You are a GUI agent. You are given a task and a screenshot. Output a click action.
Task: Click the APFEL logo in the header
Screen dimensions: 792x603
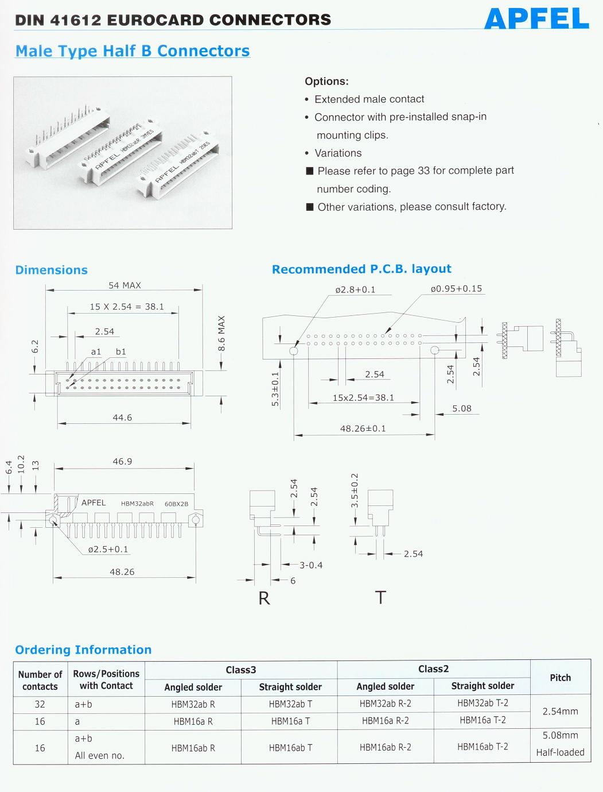point(536,19)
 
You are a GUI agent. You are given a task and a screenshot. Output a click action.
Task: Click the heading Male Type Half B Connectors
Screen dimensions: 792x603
point(133,51)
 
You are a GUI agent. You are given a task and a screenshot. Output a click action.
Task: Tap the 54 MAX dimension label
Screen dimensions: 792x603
point(125,285)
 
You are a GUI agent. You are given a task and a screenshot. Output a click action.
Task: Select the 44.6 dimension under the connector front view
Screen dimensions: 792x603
point(122,418)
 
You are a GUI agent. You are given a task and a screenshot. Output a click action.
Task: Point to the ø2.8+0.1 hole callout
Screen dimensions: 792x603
point(355,289)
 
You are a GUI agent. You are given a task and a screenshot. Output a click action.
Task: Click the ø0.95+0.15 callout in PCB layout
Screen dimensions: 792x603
point(456,289)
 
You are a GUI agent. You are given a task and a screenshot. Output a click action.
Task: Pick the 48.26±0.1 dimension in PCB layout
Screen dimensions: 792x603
point(363,428)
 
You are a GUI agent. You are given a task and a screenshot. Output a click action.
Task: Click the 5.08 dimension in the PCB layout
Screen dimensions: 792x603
point(461,408)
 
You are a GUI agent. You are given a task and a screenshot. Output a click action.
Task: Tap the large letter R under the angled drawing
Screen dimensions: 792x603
point(264,598)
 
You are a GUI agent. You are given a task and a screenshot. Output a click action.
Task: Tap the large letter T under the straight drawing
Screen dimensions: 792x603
point(380,598)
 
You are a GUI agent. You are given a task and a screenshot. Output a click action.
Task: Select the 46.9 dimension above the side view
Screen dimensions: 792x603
point(122,461)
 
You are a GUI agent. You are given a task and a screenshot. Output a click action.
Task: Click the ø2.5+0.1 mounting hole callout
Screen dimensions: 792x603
point(108,549)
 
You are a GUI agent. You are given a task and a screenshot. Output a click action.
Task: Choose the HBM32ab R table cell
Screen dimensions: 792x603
point(193,705)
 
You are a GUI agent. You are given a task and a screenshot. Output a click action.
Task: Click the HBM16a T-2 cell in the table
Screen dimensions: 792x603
point(483,720)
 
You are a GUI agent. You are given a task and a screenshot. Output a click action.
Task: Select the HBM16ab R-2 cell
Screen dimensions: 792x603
point(385,748)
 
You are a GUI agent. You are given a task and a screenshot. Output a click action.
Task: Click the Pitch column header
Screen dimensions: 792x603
point(560,678)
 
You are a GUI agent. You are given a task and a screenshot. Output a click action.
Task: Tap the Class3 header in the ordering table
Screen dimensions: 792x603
point(241,670)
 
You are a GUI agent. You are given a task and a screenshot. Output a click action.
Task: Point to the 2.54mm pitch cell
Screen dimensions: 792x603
point(560,712)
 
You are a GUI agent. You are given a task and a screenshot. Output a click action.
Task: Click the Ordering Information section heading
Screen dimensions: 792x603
point(83,650)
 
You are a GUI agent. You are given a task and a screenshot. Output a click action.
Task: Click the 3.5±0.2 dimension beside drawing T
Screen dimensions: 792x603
point(355,490)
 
